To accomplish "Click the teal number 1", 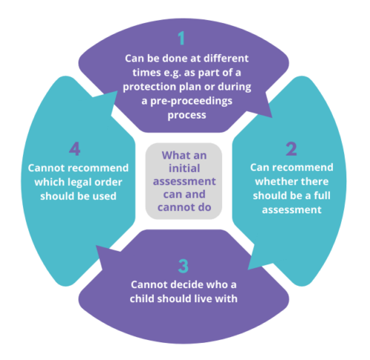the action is [182, 38].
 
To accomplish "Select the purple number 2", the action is [292, 149].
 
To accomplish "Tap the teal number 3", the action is [184, 266].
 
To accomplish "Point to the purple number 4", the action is [75, 149].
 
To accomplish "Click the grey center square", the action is [184, 181].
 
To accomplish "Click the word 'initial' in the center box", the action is [184, 168].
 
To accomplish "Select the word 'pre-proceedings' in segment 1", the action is [191, 101].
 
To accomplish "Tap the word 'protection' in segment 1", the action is [149, 87].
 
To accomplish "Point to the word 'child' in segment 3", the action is [142, 299].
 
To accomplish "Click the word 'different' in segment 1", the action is [226, 59].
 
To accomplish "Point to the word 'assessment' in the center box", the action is [184, 181].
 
